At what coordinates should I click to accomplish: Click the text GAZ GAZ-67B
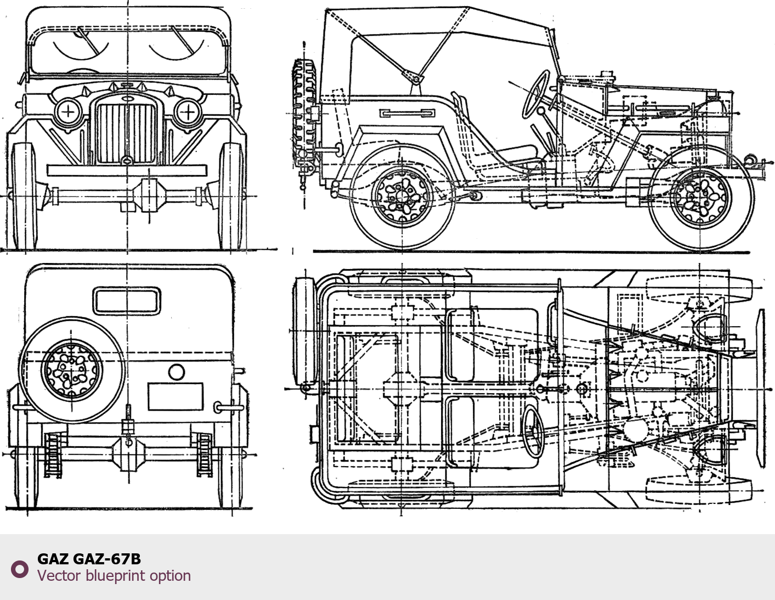point(89,559)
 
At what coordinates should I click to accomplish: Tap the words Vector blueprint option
point(114,575)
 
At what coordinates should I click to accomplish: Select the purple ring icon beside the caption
point(20,569)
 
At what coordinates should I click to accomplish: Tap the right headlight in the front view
point(188,112)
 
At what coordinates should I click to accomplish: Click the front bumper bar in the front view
point(127,170)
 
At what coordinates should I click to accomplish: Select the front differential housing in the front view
point(150,194)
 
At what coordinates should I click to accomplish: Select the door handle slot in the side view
point(407,113)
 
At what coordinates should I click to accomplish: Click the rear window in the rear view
point(127,300)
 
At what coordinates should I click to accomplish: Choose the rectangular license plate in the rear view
point(176,396)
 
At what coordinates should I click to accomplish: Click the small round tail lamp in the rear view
point(176,372)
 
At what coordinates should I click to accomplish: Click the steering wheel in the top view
point(533,432)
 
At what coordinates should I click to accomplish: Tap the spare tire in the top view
point(304,332)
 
